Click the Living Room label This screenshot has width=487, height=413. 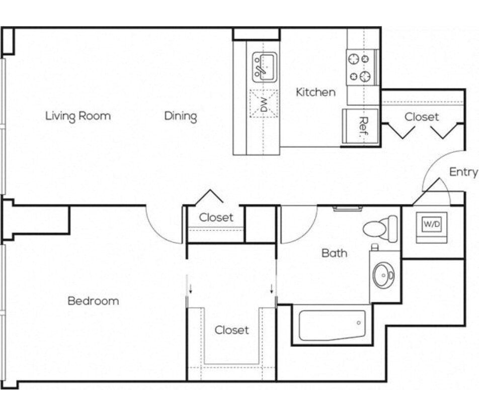pos(78,116)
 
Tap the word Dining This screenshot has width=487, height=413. pos(181,117)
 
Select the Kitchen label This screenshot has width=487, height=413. pos(315,92)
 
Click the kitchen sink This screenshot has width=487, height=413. pos(265,67)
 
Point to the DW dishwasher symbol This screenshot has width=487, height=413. pos(264,104)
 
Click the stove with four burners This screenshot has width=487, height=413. pos(361,67)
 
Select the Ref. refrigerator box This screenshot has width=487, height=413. pos(361,126)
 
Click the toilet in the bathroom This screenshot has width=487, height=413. pos(380,229)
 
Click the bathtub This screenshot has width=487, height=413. pos(332,325)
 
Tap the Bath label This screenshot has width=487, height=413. pos(334,253)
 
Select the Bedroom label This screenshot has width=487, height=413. pos(93,301)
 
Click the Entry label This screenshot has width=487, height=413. pos(463,172)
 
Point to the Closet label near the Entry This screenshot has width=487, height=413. pos(422,117)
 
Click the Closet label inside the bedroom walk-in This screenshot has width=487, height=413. pos(232,330)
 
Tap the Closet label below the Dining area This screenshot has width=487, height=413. pos(216,218)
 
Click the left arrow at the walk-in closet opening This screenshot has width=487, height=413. pos(191,289)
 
